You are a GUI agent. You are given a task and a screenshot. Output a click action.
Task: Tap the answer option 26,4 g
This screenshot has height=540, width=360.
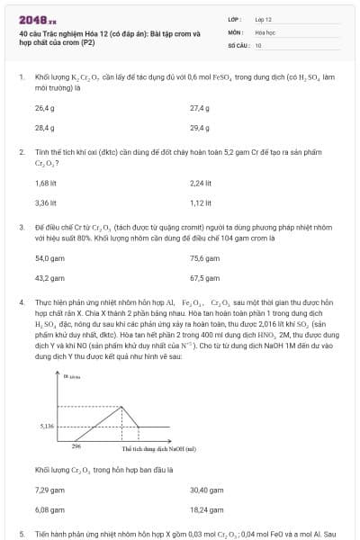click(45, 108)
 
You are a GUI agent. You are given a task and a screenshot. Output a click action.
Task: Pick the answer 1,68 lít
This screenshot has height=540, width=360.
click(46, 183)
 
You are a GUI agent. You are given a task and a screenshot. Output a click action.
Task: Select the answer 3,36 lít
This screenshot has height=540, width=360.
click(46, 202)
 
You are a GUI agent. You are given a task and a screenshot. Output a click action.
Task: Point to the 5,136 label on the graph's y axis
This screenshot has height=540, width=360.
click(48, 425)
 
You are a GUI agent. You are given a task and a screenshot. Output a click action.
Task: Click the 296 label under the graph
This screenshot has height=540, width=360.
click(76, 446)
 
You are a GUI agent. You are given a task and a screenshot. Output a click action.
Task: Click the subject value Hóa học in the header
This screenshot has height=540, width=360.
click(265, 31)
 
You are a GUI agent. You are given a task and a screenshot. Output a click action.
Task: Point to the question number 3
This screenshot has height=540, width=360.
click(21, 229)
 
